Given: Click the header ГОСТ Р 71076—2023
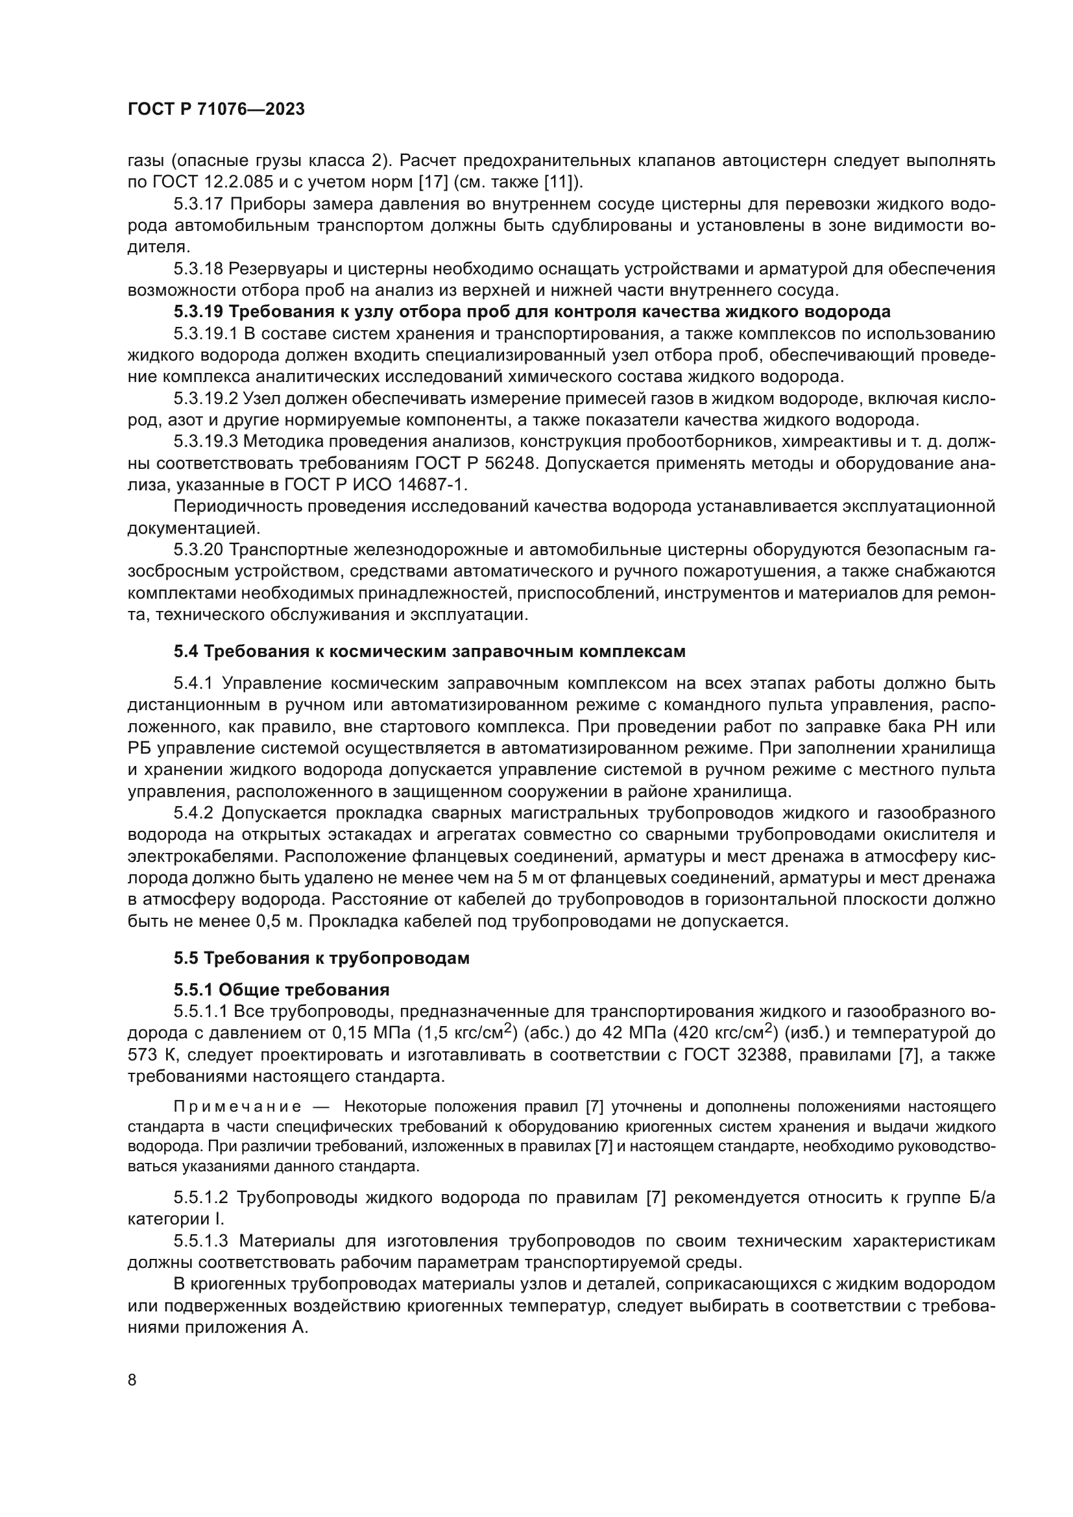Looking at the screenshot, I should (216, 110).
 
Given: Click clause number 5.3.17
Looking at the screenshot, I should (199, 204).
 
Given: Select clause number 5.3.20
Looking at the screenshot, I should (199, 550).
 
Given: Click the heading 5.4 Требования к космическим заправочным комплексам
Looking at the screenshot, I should (429, 651).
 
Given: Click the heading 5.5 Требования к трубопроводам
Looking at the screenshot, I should (322, 958).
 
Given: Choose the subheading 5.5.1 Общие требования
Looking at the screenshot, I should (282, 990).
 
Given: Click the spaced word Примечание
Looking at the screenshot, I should (238, 1107).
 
